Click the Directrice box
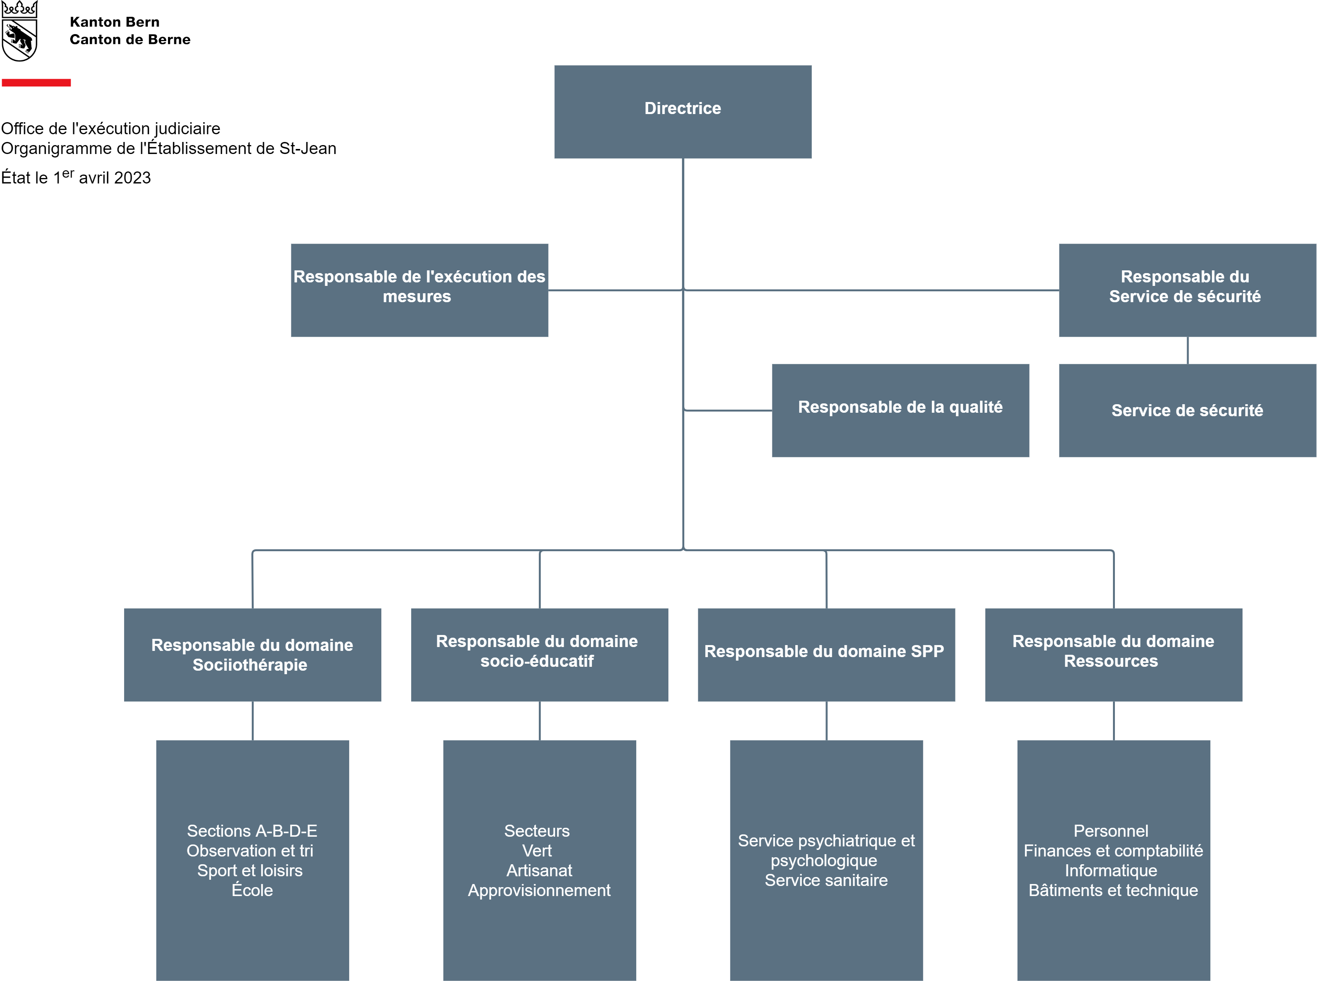click(x=683, y=112)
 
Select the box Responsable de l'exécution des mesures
click(x=419, y=291)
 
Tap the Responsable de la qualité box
click(x=900, y=410)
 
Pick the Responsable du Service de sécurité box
click(x=1187, y=291)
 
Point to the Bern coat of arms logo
click(x=20, y=31)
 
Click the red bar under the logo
click(x=36, y=83)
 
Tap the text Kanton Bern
click(x=114, y=22)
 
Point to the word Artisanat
click(x=539, y=870)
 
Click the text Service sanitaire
click(x=826, y=880)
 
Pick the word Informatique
click(x=1111, y=870)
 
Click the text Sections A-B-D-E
click(x=253, y=831)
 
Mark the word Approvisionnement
click(x=539, y=891)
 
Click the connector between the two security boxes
click(x=1187, y=350)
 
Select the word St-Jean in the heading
click(x=308, y=149)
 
